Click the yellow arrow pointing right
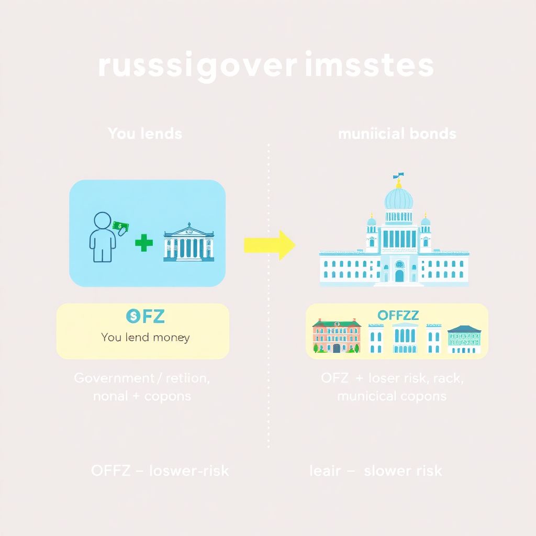pos(270,245)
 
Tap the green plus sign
pos(143,243)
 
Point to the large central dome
pos(399,199)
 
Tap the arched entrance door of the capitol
pos(399,275)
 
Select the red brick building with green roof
pos(337,335)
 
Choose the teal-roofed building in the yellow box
pos(464,339)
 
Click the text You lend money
pos(145,338)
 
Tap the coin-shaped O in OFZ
pos(131,316)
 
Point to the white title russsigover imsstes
pos(265,66)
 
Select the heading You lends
pos(145,133)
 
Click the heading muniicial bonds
pos(397,133)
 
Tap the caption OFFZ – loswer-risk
pos(160,471)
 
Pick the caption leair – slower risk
pos(376,471)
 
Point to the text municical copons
pos(392,396)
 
